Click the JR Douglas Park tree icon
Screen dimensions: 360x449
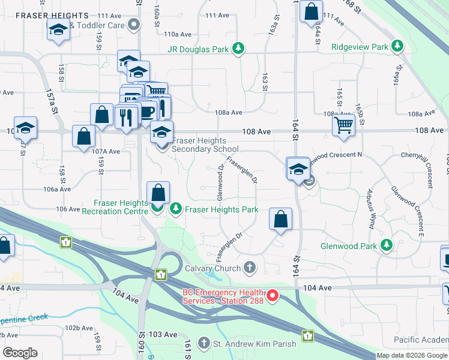(239, 48)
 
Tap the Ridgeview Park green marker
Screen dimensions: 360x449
(397, 46)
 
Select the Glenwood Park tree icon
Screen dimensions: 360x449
(387, 245)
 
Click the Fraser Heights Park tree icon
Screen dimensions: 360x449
(176, 209)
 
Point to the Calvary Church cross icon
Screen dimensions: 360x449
(250, 268)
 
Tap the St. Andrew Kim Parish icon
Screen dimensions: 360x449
(206, 344)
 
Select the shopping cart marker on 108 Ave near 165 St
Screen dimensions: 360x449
(344, 125)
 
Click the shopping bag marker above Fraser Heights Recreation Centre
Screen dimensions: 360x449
(158, 193)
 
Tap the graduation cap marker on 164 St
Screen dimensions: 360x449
(297, 169)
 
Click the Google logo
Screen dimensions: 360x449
(20, 353)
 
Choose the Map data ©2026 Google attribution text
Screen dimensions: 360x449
(412, 355)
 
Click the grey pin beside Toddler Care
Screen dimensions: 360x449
(134, 25)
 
